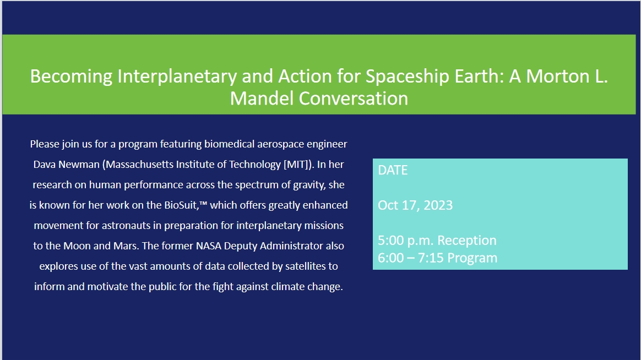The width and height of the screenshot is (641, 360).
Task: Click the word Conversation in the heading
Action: (x=354, y=98)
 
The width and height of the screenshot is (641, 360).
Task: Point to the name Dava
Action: (x=45, y=164)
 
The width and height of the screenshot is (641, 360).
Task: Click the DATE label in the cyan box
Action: (x=393, y=171)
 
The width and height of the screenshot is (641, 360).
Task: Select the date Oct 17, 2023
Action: (x=415, y=205)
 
